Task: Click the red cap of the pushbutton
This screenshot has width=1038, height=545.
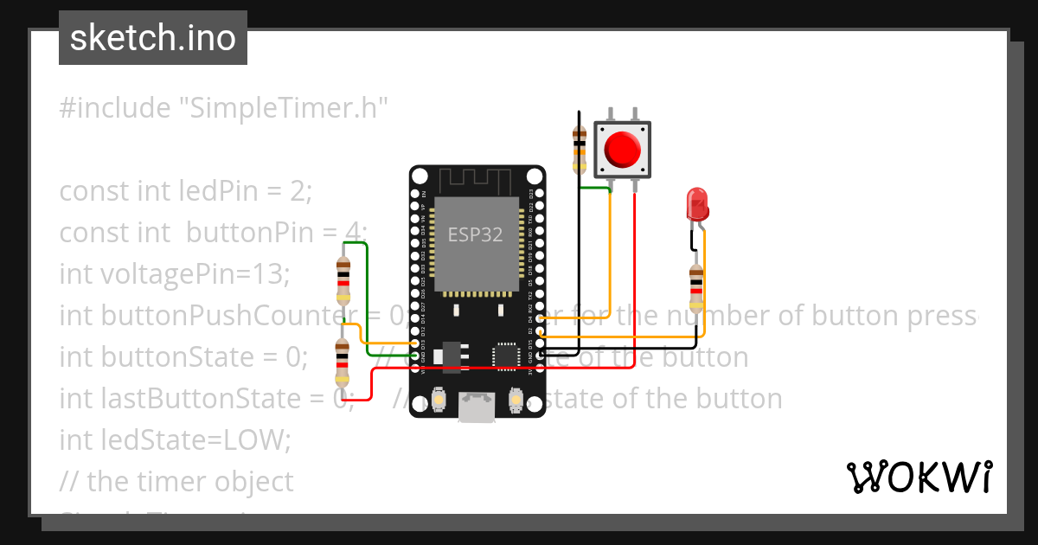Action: coord(623,149)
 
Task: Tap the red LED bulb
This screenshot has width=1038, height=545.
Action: coord(697,204)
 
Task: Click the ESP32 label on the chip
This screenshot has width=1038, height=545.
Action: coord(475,235)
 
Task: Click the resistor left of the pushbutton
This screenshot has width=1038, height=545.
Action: coord(580,147)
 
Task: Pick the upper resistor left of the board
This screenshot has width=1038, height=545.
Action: coord(343,281)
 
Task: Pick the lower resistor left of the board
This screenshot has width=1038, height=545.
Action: coord(343,363)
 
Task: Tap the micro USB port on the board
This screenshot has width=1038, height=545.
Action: coord(477,407)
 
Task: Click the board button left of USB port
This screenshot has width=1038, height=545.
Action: coord(440,400)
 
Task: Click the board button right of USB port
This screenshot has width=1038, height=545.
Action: coord(516,400)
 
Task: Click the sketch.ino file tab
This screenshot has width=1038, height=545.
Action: coord(153,38)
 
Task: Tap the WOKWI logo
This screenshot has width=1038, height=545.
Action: coord(919,477)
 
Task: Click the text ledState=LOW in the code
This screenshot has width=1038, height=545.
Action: coord(176,440)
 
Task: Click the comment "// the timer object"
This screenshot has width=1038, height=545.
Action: coord(176,481)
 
